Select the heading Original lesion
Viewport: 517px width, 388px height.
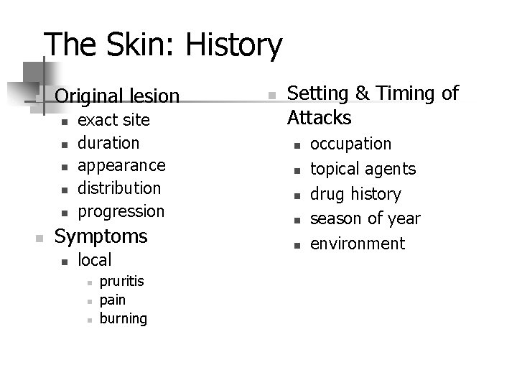coord(117,95)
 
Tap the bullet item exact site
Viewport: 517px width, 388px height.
coord(113,119)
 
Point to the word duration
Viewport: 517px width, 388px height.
coord(108,142)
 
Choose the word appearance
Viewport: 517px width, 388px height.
coord(121,165)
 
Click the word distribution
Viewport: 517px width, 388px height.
coord(119,188)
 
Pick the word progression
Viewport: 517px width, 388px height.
coord(121,211)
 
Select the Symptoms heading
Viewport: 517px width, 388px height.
coord(101,236)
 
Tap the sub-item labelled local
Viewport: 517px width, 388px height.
coord(94,259)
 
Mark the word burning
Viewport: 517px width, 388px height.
coord(124,318)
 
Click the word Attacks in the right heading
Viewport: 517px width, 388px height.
coord(319,117)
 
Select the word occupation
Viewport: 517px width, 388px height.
coord(350,144)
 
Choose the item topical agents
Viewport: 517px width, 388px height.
coord(363,169)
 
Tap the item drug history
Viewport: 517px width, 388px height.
coord(355,194)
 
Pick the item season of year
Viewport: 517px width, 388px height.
coord(365,218)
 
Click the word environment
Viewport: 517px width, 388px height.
coord(358,244)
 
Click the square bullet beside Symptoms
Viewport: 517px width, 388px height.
coord(42,236)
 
